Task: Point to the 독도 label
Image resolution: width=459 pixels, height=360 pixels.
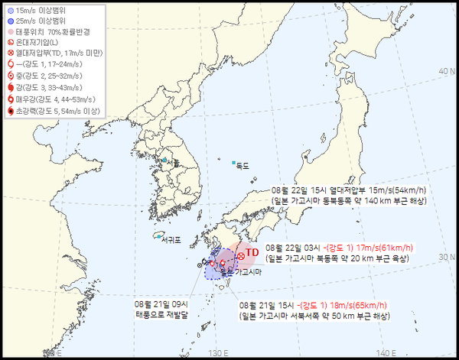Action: [x=243, y=164]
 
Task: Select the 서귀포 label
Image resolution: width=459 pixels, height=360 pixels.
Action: [x=171, y=240]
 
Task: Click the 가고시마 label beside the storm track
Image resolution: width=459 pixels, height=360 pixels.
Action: [x=249, y=273]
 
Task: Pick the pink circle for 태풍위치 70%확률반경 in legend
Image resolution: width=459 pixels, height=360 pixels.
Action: [x=9, y=32]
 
